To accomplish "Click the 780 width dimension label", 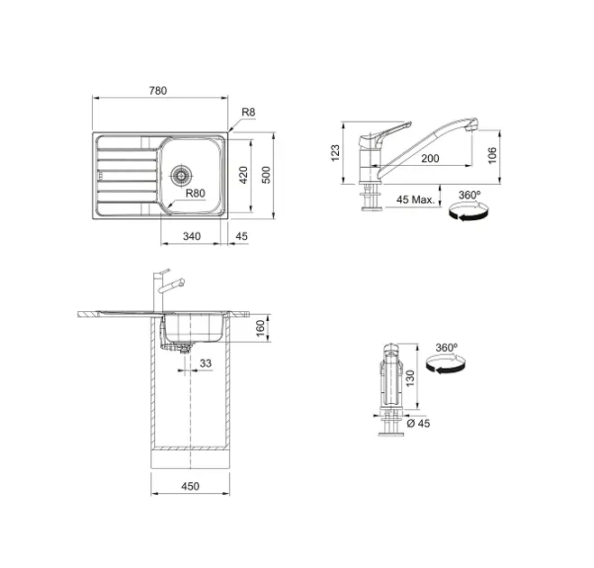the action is pyautogui.click(x=158, y=91).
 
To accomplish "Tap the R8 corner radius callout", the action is pyautogui.click(x=249, y=112).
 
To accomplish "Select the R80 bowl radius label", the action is pyautogui.click(x=196, y=193).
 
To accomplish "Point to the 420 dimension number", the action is pyautogui.click(x=243, y=175).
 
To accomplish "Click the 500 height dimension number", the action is pyautogui.click(x=267, y=175).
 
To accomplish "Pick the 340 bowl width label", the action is pyautogui.click(x=192, y=236).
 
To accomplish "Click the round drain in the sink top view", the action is pyautogui.click(x=181, y=175).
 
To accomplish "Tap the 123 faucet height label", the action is pyautogui.click(x=335, y=153).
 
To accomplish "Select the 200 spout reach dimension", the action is pyautogui.click(x=430, y=159).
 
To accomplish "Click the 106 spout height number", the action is pyautogui.click(x=492, y=155).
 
